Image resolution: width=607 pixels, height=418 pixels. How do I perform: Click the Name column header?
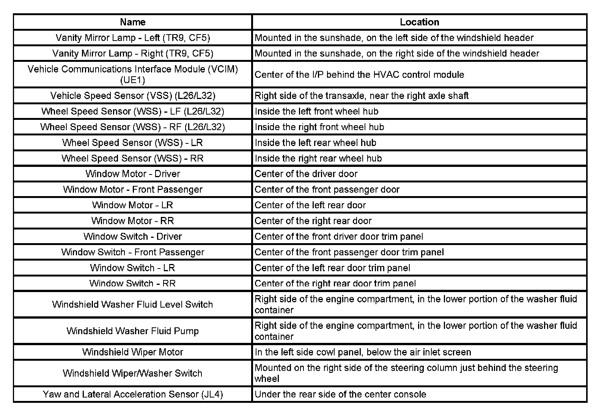[x=132, y=22]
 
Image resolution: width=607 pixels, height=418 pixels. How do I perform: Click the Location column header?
[x=419, y=22]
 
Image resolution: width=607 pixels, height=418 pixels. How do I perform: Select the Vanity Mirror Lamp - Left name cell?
[x=132, y=38]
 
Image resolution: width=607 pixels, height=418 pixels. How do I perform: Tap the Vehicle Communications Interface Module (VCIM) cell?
[x=132, y=74]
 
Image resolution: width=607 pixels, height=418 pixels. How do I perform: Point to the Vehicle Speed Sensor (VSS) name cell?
[x=132, y=96]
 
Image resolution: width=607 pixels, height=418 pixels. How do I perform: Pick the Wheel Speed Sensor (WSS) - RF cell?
[x=132, y=127]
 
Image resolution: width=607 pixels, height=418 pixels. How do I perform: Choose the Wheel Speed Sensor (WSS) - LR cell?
[x=132, y=143]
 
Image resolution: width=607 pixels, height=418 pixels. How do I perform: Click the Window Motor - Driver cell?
[x=132, y=174]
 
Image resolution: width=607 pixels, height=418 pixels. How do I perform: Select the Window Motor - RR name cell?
[x=132, y=221]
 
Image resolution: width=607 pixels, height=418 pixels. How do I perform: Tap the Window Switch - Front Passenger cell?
[x=132, y=252]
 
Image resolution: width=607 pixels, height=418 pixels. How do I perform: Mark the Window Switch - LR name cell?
[x=132, y=268]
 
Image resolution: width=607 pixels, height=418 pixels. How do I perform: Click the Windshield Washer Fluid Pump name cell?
[x=132, y=331]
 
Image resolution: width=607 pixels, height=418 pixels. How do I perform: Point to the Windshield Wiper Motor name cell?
[x=132, y=352]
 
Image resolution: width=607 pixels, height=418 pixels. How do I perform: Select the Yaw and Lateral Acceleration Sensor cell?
[x=132, y=394]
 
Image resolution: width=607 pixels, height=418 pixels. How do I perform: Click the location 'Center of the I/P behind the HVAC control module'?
[x=359, y=74]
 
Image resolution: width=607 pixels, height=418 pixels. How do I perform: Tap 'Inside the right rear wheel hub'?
[x=318, y=158]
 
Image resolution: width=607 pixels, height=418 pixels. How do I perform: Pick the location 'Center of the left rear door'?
[x=310, y=205]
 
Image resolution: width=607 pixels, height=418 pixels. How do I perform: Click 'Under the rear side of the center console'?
[x=340, y=394]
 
